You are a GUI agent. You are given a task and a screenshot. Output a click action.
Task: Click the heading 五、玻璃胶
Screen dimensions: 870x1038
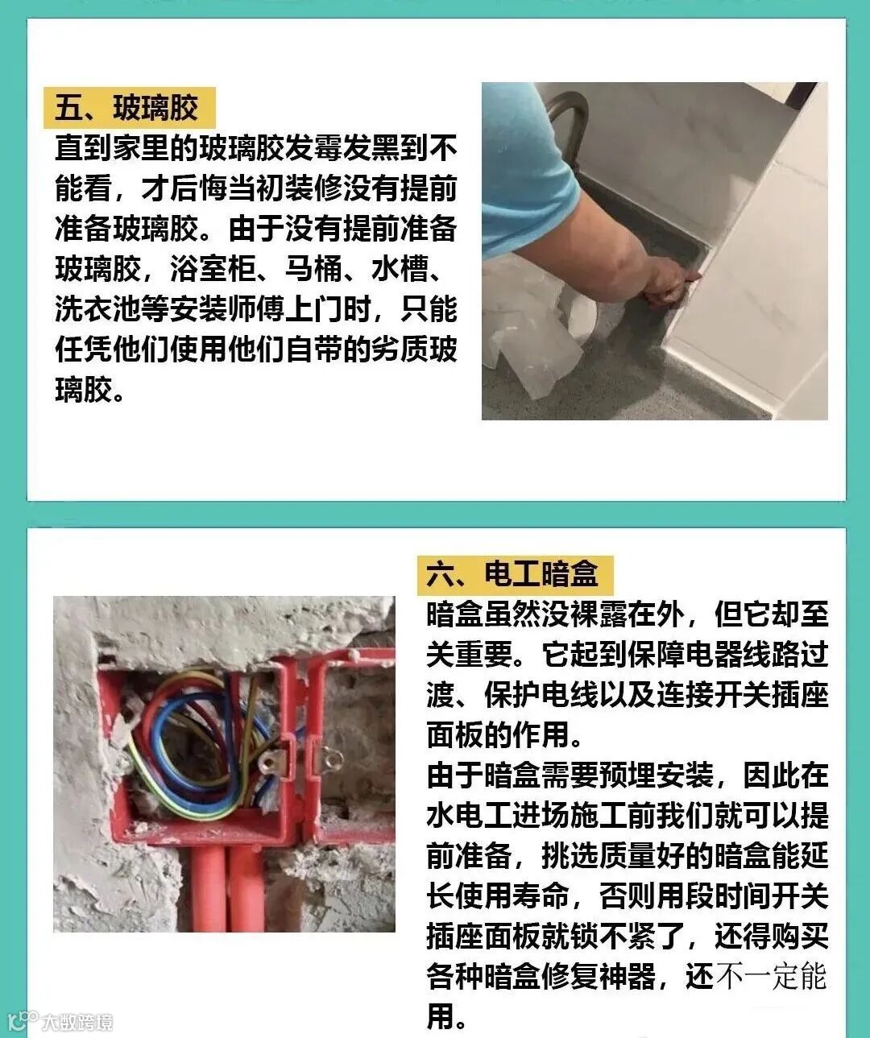126,108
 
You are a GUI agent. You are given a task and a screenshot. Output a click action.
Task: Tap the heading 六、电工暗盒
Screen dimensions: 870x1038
512,575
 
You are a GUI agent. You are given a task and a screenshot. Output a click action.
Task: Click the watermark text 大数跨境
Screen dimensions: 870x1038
77,1022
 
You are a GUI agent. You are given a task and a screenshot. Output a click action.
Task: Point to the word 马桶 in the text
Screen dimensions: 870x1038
313,269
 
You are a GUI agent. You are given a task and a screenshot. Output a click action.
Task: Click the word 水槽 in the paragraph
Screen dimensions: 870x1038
400,269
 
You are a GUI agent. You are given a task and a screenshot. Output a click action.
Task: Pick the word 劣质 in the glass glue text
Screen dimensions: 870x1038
400,349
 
